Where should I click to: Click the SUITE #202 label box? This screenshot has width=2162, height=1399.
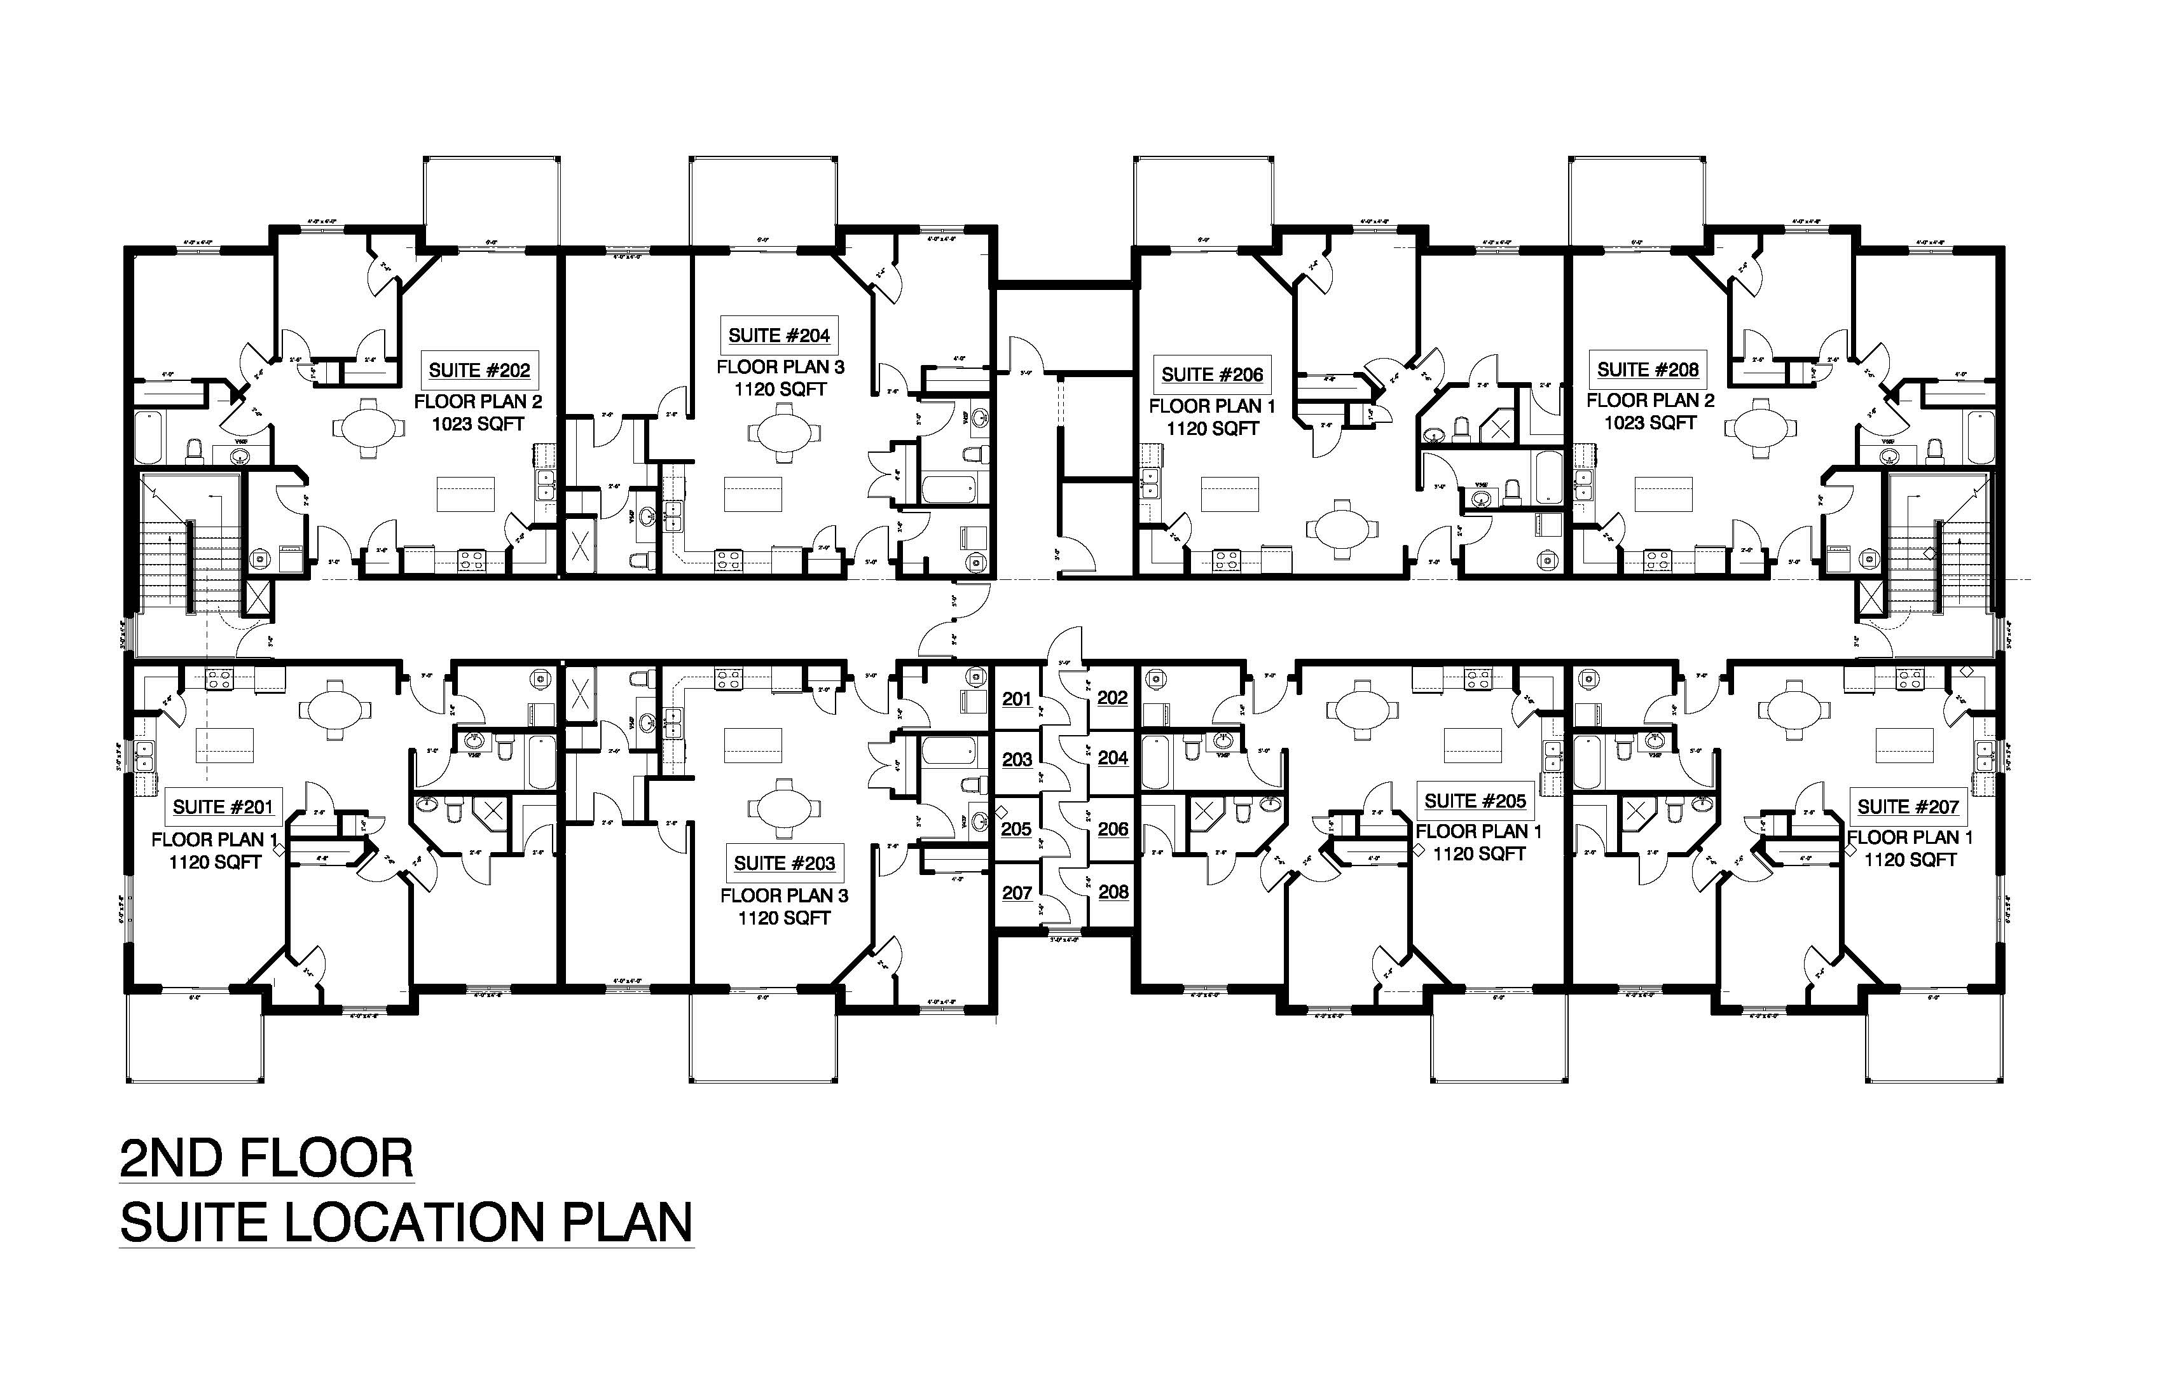[x=479, y=371]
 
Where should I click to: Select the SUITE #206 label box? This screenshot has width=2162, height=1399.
[x=1212, y=375]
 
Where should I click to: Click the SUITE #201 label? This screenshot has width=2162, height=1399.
[x=223, y=807]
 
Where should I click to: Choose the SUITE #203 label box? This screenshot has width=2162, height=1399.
[x=784, y=863]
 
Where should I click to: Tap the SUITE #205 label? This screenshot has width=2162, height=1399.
[x=1475, y=801]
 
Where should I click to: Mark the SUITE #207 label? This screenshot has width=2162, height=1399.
[x=1908, y=807]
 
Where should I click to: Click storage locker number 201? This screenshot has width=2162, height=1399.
[x=1017, y=699]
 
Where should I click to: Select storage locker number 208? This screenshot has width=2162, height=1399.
[x=1113, y=892]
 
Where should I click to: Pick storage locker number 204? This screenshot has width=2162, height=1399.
[x=1113, y=757]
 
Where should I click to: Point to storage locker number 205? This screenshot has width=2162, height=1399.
[x=1017, y=829]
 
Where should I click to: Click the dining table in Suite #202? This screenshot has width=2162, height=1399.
[x=366, y=427]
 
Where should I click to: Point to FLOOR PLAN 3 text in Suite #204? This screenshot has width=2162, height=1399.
[x=780, y=367]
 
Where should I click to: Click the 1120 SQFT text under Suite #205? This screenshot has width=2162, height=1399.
[x=1479, y=854]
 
